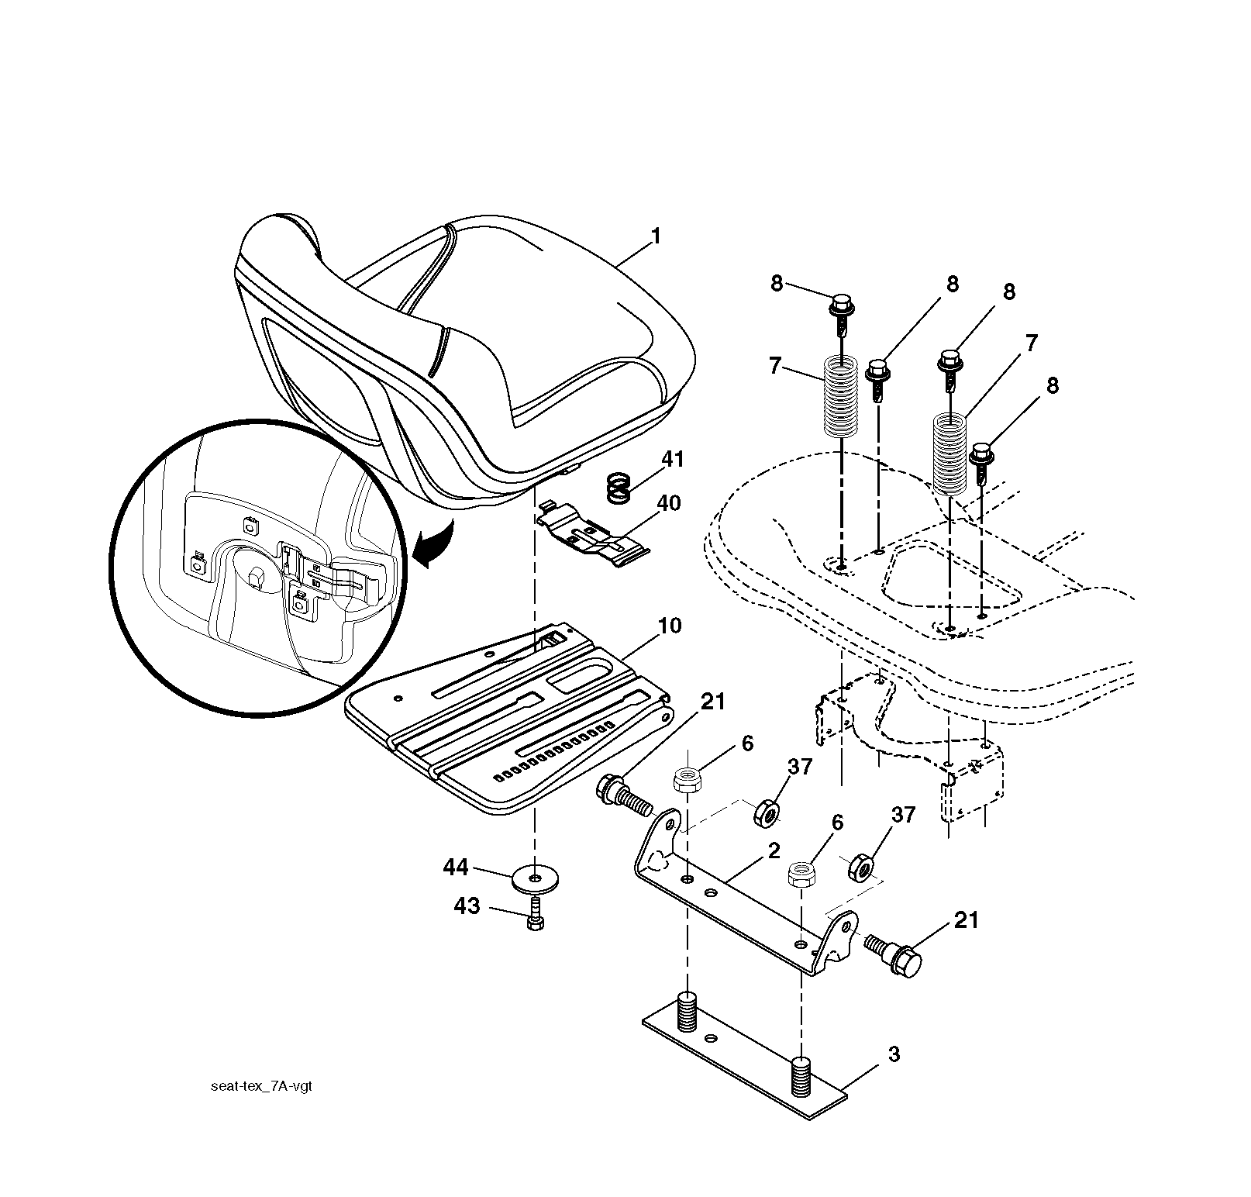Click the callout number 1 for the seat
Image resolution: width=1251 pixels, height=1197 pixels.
tap(656, 236)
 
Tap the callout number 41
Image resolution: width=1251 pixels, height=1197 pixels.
tap(674, 460)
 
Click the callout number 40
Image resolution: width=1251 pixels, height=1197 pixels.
tap(668, 504)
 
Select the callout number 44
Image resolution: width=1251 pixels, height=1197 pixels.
tap(456, 867)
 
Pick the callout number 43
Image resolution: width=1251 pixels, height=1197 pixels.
tap(467, 906)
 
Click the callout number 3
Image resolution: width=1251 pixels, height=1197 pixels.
tap(894, 1054)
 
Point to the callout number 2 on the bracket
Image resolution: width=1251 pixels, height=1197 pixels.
tap(774, 850)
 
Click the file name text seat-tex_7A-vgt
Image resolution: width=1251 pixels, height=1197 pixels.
tap(261, 1086)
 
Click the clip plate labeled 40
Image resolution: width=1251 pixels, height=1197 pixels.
tap(592, 533)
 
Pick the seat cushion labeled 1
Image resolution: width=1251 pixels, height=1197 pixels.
tap(465, 364)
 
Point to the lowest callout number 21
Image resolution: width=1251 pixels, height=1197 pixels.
tap(966, 920)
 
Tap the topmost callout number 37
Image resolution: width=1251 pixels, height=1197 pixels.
tap(800, 767)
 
